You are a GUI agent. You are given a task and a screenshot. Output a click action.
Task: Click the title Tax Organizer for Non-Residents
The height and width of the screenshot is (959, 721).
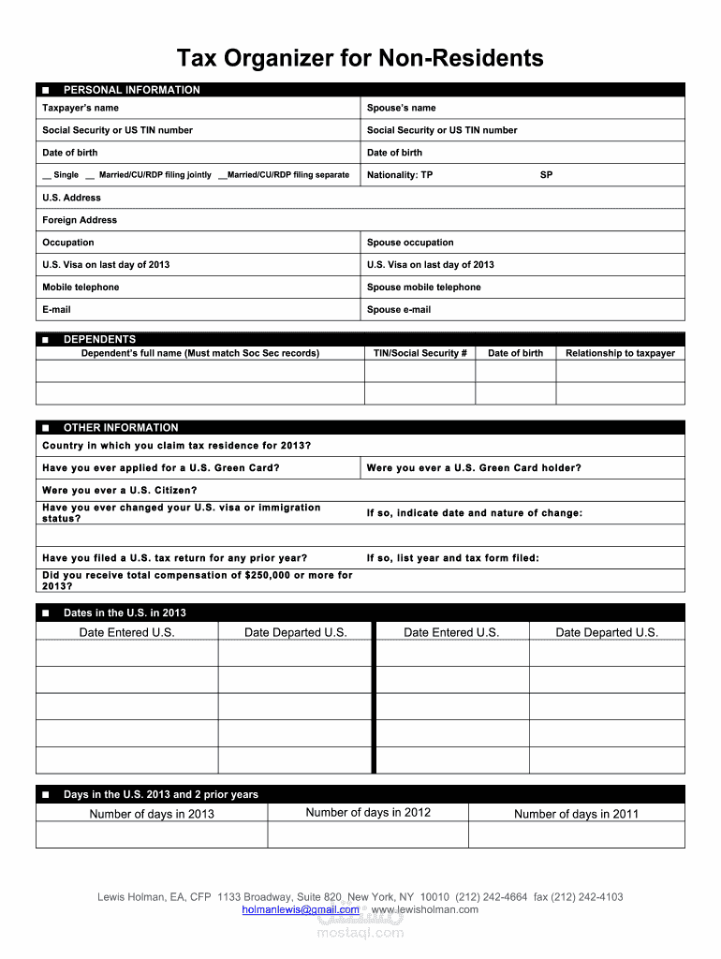pos(360,58)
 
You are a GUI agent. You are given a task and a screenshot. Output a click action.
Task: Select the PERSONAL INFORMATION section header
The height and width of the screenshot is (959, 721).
pos(131,90)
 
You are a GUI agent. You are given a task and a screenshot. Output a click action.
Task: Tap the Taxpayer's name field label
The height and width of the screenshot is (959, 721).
pos(81,108)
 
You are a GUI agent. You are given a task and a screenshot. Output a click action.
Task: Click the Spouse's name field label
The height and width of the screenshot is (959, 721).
pos(401,108)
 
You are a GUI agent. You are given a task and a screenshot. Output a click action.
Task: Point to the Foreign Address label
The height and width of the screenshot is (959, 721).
pos(80,220)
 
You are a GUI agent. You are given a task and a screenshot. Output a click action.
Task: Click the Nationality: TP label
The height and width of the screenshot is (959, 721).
pos(400,175)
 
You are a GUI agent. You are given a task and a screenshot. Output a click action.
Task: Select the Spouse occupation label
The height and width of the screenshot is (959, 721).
pos(410,243)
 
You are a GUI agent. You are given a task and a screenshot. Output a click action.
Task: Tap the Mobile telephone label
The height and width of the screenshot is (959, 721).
pos(81,288)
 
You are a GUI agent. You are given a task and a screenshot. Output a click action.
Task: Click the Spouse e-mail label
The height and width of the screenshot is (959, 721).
pos(399,310)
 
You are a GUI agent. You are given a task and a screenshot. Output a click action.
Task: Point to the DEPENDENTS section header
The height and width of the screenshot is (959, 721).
pos(99,339)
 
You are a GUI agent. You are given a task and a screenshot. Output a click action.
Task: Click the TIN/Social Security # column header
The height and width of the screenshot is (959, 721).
pos(419,353)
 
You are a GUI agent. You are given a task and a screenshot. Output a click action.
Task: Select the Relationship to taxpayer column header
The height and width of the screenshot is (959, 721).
pos(620,353)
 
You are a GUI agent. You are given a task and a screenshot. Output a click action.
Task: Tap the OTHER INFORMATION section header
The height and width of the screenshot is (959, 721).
pos(121,427)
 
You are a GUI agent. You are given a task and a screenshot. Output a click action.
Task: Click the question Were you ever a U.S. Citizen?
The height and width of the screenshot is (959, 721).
pos(120,490)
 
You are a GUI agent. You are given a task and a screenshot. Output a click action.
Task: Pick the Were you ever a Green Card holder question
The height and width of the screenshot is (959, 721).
pos(474,467)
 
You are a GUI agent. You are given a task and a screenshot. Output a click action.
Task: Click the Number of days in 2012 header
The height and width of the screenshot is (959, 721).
pos(368,812)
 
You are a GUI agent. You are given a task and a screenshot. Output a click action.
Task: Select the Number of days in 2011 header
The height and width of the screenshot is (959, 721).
pos(576,814)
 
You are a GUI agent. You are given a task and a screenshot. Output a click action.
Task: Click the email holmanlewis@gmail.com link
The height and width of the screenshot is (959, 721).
pos(300,909)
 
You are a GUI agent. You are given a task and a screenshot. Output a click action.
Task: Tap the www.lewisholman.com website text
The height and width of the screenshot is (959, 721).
pos(425,909)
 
